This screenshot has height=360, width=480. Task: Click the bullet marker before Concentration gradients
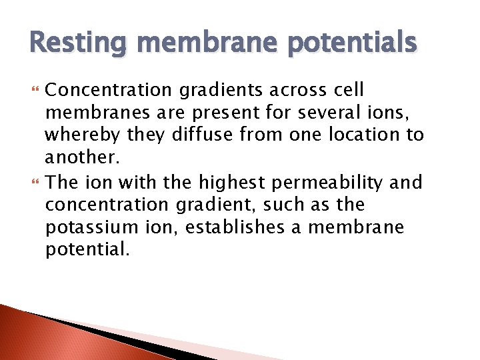tap(34, 91)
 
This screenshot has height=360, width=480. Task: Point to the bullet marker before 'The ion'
tap(34, 182)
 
